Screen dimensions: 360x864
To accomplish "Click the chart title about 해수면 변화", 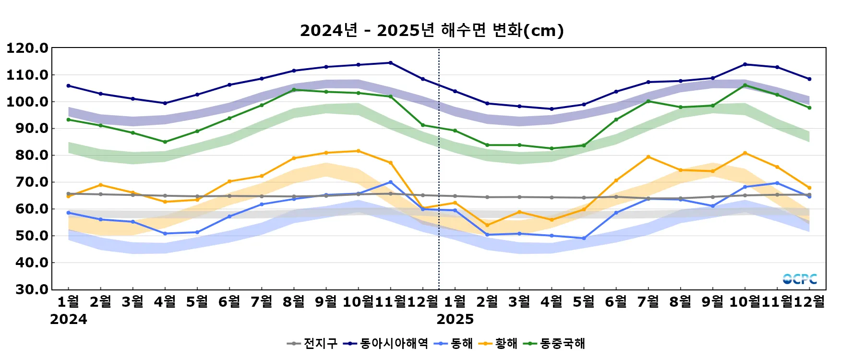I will point(432,31).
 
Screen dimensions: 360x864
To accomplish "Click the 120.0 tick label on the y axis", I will point(27,48).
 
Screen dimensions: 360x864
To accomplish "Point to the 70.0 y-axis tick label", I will point(27,182).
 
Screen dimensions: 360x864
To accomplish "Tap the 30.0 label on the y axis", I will point(27,289).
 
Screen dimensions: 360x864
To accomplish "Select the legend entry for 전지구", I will point(312,344).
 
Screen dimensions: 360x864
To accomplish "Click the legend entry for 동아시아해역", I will point(386,344).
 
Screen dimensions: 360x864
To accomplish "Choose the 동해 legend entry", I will point(454,344).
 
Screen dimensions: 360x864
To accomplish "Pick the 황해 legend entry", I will point(499,344).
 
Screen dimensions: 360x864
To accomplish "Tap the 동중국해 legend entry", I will point(554,344).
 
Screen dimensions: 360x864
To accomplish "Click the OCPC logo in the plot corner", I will point(800,279).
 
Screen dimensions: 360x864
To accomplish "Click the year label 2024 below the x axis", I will point(69,320).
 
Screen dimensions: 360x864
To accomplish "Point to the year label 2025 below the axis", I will point(455,320).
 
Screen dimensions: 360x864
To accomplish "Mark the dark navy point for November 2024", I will point(390,63).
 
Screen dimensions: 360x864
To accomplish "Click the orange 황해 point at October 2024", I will point(358,151).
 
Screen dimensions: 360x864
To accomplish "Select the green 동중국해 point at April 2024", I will point(165,142).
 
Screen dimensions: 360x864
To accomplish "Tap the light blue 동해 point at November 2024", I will point(390,182).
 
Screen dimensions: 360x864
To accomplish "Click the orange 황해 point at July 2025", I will point(648,157).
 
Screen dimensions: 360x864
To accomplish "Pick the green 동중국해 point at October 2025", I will point(745,85).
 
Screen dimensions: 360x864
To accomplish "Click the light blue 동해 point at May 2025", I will point(584,239).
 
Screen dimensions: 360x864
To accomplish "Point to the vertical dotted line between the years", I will point(439,168).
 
